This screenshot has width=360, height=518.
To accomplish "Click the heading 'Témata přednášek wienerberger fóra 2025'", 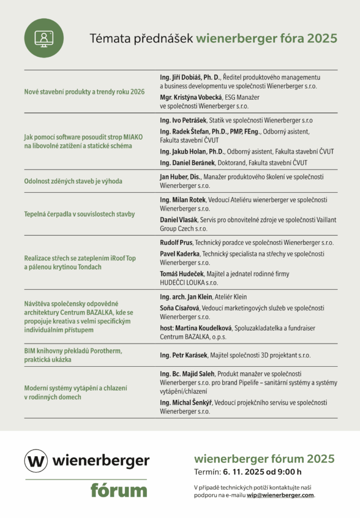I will [213, 39].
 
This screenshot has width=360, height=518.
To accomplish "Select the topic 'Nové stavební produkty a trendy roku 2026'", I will [85, 92].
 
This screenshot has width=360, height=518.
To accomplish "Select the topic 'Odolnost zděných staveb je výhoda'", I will [73, 181].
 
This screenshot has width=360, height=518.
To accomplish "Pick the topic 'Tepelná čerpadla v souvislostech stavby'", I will [79, 214].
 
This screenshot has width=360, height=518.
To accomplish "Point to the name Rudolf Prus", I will [176, 243].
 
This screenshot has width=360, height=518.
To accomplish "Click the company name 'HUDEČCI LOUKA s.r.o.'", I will [189, 282].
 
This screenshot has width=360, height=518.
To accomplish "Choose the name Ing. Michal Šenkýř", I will [186, 403].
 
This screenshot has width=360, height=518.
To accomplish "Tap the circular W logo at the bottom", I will [36, 460].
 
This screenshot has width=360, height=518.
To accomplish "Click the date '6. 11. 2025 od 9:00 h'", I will [262, 472].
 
